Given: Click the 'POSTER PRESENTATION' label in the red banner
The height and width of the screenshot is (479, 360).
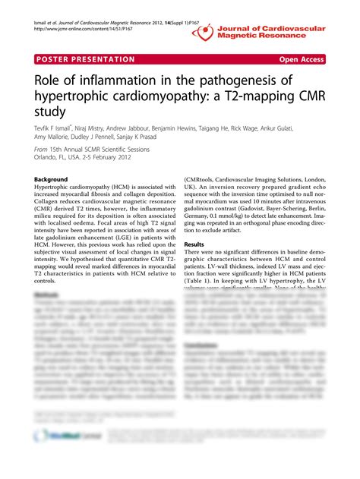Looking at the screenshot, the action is coord(84,59).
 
